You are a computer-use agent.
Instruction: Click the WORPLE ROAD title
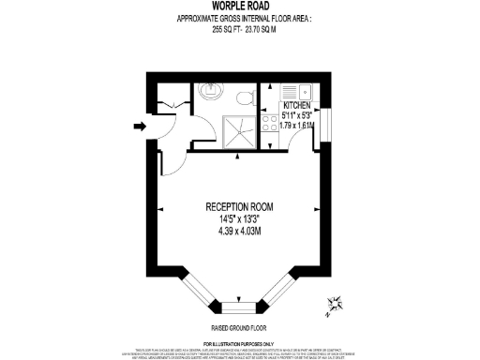tap(239, 7)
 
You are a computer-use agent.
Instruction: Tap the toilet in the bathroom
tap(245, 97)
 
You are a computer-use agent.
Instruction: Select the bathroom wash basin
tap(209, 90)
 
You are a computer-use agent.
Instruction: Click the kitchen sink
tap(305, 92)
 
